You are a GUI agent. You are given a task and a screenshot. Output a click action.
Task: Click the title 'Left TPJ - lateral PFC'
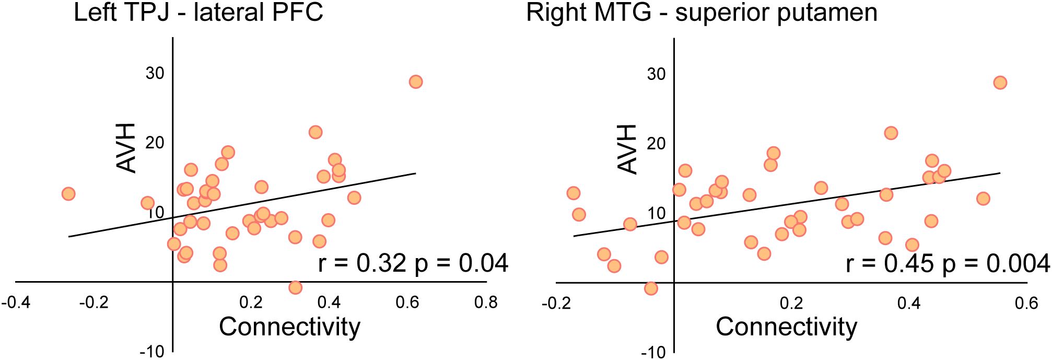click(198, 13)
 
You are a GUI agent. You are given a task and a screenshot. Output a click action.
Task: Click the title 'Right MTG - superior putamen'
click(702, 13)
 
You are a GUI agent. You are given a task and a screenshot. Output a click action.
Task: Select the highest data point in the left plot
click(416, 82)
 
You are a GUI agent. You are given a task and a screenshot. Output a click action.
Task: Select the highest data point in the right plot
click(1000, 83)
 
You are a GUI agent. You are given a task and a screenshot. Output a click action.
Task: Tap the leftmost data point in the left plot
click(68, 194)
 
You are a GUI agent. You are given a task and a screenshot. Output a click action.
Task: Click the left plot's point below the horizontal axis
click(295, 287)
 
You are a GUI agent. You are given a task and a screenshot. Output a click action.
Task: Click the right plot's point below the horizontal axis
click(650, 288)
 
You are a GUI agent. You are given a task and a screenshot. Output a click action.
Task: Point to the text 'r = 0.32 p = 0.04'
click(413, 263)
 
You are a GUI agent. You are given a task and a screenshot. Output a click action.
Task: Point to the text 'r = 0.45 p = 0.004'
click(948, 264)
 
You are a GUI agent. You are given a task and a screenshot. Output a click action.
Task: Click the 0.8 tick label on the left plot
click(486, 303)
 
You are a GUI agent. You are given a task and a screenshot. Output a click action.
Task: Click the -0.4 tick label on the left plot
click(16, 303)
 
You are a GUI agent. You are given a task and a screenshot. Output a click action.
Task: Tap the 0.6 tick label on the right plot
click(1026, 304)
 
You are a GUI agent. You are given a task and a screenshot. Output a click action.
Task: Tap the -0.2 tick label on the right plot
click(556, 304)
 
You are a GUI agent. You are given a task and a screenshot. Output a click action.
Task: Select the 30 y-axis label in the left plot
click(155, 73)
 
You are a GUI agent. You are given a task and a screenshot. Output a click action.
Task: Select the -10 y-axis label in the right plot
click(653, 352)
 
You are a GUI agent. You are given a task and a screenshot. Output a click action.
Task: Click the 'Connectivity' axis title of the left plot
click(289, 327)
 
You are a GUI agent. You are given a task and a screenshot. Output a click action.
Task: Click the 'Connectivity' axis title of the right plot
click(786, 327)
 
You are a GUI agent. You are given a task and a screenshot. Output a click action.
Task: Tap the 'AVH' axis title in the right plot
click(627, 149)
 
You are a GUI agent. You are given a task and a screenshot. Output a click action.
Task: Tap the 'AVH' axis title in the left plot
click(126, 148)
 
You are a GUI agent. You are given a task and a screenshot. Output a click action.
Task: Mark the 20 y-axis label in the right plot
click(656, 143)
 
